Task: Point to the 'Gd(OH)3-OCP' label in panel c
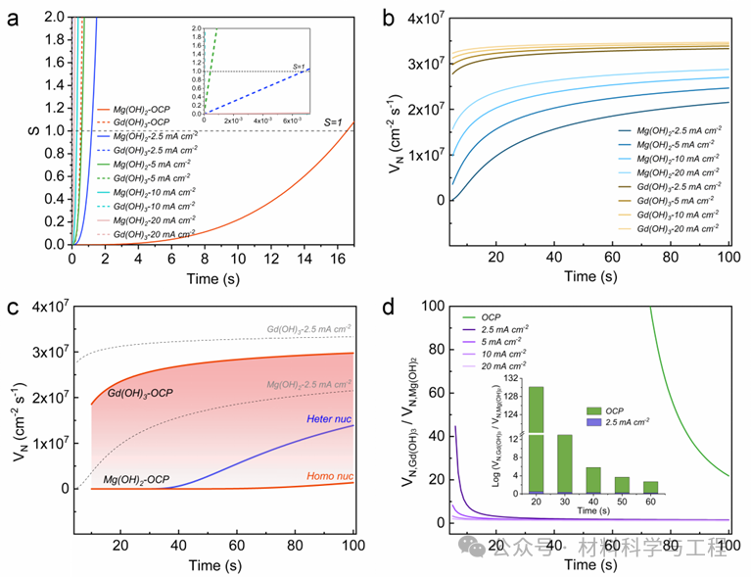pos(140,392)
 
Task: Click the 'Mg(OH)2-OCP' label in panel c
pos(138,481)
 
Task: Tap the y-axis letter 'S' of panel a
pos(18,129)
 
